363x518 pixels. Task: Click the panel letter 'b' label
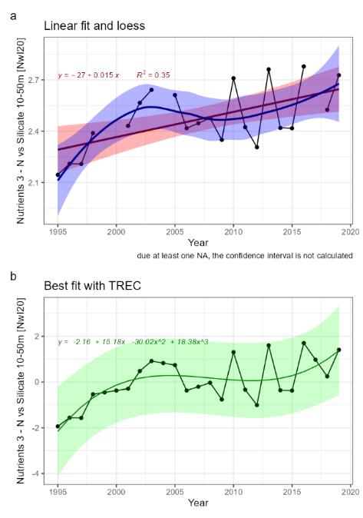pos(10,273)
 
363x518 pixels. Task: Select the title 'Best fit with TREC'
pos(87,286)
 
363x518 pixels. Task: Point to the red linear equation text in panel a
pos(89,76)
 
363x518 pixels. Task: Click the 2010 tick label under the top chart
pos(233,231)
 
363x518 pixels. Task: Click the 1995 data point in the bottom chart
pos(58,426)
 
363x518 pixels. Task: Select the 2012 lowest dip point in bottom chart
pos(257,405)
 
